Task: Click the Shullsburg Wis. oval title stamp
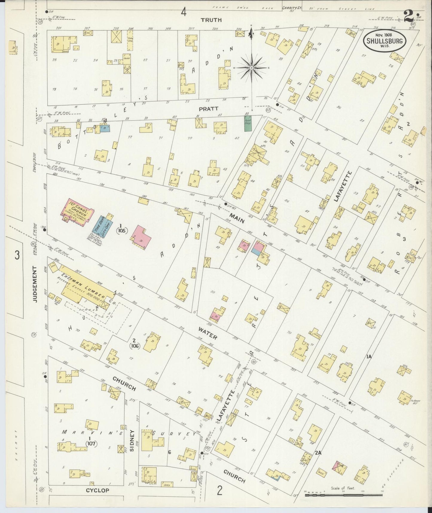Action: [384, 40]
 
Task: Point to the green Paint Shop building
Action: [248, 123]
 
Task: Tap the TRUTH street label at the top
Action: [211, 20]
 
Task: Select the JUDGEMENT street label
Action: [35, 284]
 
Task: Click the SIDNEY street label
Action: [132, 438]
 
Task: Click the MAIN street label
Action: [237, 218]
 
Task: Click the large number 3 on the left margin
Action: [17, 255]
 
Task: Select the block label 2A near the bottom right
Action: [318, 453]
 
